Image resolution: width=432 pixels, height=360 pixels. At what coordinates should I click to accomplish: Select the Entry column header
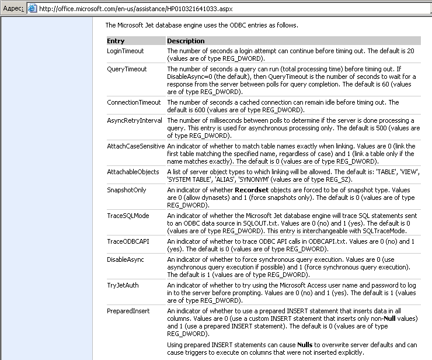click(x=116, y=41)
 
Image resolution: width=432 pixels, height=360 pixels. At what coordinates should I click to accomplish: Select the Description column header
click(x=186, y=41)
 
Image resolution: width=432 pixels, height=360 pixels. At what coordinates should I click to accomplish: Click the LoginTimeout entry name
click(x=125, y=51)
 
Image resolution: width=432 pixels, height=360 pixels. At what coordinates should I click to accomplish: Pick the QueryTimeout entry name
click(x=127, y=69)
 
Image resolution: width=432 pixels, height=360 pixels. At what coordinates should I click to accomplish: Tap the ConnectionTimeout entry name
click(x=134, y=102)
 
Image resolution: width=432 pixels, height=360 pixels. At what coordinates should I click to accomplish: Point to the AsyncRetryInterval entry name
click(x=134, y=120)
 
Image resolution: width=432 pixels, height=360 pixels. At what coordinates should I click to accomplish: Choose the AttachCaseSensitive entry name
click(x=136, y=146)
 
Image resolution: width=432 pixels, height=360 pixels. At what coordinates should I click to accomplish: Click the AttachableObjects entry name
click(x=133, y=172)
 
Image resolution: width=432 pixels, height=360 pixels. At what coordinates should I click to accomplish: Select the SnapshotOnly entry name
click(x=127, y=191)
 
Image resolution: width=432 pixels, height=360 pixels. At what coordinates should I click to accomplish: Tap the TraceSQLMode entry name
click(x=128, y=216)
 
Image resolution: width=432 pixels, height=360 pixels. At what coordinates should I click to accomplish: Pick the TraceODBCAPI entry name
click(x=128, y=241)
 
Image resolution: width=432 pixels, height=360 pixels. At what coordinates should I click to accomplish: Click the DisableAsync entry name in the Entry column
click(x=125, y=259)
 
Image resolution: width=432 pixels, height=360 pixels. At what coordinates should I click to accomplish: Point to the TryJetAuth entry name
click(x=123, y=284)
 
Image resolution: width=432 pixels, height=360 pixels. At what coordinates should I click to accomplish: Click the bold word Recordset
click(x=253, y=191)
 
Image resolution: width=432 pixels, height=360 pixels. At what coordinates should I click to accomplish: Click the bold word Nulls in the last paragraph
click(x=305, y=345)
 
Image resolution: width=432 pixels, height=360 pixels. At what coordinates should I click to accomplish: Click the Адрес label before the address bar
click(x=11, y=8)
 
